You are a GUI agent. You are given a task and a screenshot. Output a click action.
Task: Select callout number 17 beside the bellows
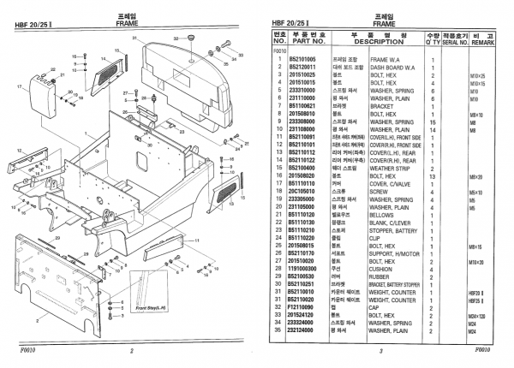tap(19, 86)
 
